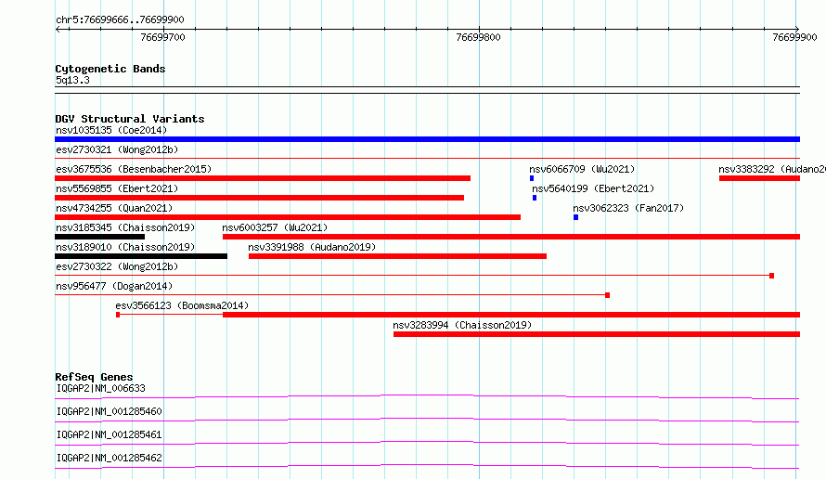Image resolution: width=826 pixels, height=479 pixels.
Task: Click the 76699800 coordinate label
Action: pos(478,37)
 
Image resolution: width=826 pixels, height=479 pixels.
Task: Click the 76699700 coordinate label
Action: pos(162,37)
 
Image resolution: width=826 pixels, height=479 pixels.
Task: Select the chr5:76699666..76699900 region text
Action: pos(120,19)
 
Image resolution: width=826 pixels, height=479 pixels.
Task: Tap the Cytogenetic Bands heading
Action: pos(110,69)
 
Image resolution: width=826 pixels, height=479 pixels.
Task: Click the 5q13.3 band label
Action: pos(72,80)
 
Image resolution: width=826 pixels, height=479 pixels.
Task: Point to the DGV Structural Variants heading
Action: pos(130,119)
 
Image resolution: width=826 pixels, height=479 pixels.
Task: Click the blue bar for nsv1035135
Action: pos(427,139)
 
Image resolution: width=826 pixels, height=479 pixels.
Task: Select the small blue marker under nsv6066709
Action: pos(532,178)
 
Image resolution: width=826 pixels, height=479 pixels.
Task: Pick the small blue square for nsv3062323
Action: pos(575,217)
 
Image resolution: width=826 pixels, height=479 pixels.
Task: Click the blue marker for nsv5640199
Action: pos(535,198)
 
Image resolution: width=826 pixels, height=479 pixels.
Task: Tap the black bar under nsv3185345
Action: pos(99,237)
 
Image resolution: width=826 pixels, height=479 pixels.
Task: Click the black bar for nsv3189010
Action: pos(141,256)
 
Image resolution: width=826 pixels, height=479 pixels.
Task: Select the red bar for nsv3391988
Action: pos(398,256)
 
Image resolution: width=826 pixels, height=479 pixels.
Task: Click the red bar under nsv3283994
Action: pos(597,334)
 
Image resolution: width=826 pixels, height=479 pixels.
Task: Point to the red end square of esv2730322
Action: pos(772,276)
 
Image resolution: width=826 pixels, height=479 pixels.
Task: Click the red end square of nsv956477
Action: pos(607,295)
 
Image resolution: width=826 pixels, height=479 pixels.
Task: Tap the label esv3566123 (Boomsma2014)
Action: pos(182,305)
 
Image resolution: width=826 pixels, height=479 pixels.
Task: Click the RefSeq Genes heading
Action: pos(95,377)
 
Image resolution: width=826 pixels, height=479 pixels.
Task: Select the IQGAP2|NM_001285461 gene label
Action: pos(109,434)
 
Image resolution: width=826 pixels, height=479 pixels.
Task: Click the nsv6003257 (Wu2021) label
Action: pos(275,227)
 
